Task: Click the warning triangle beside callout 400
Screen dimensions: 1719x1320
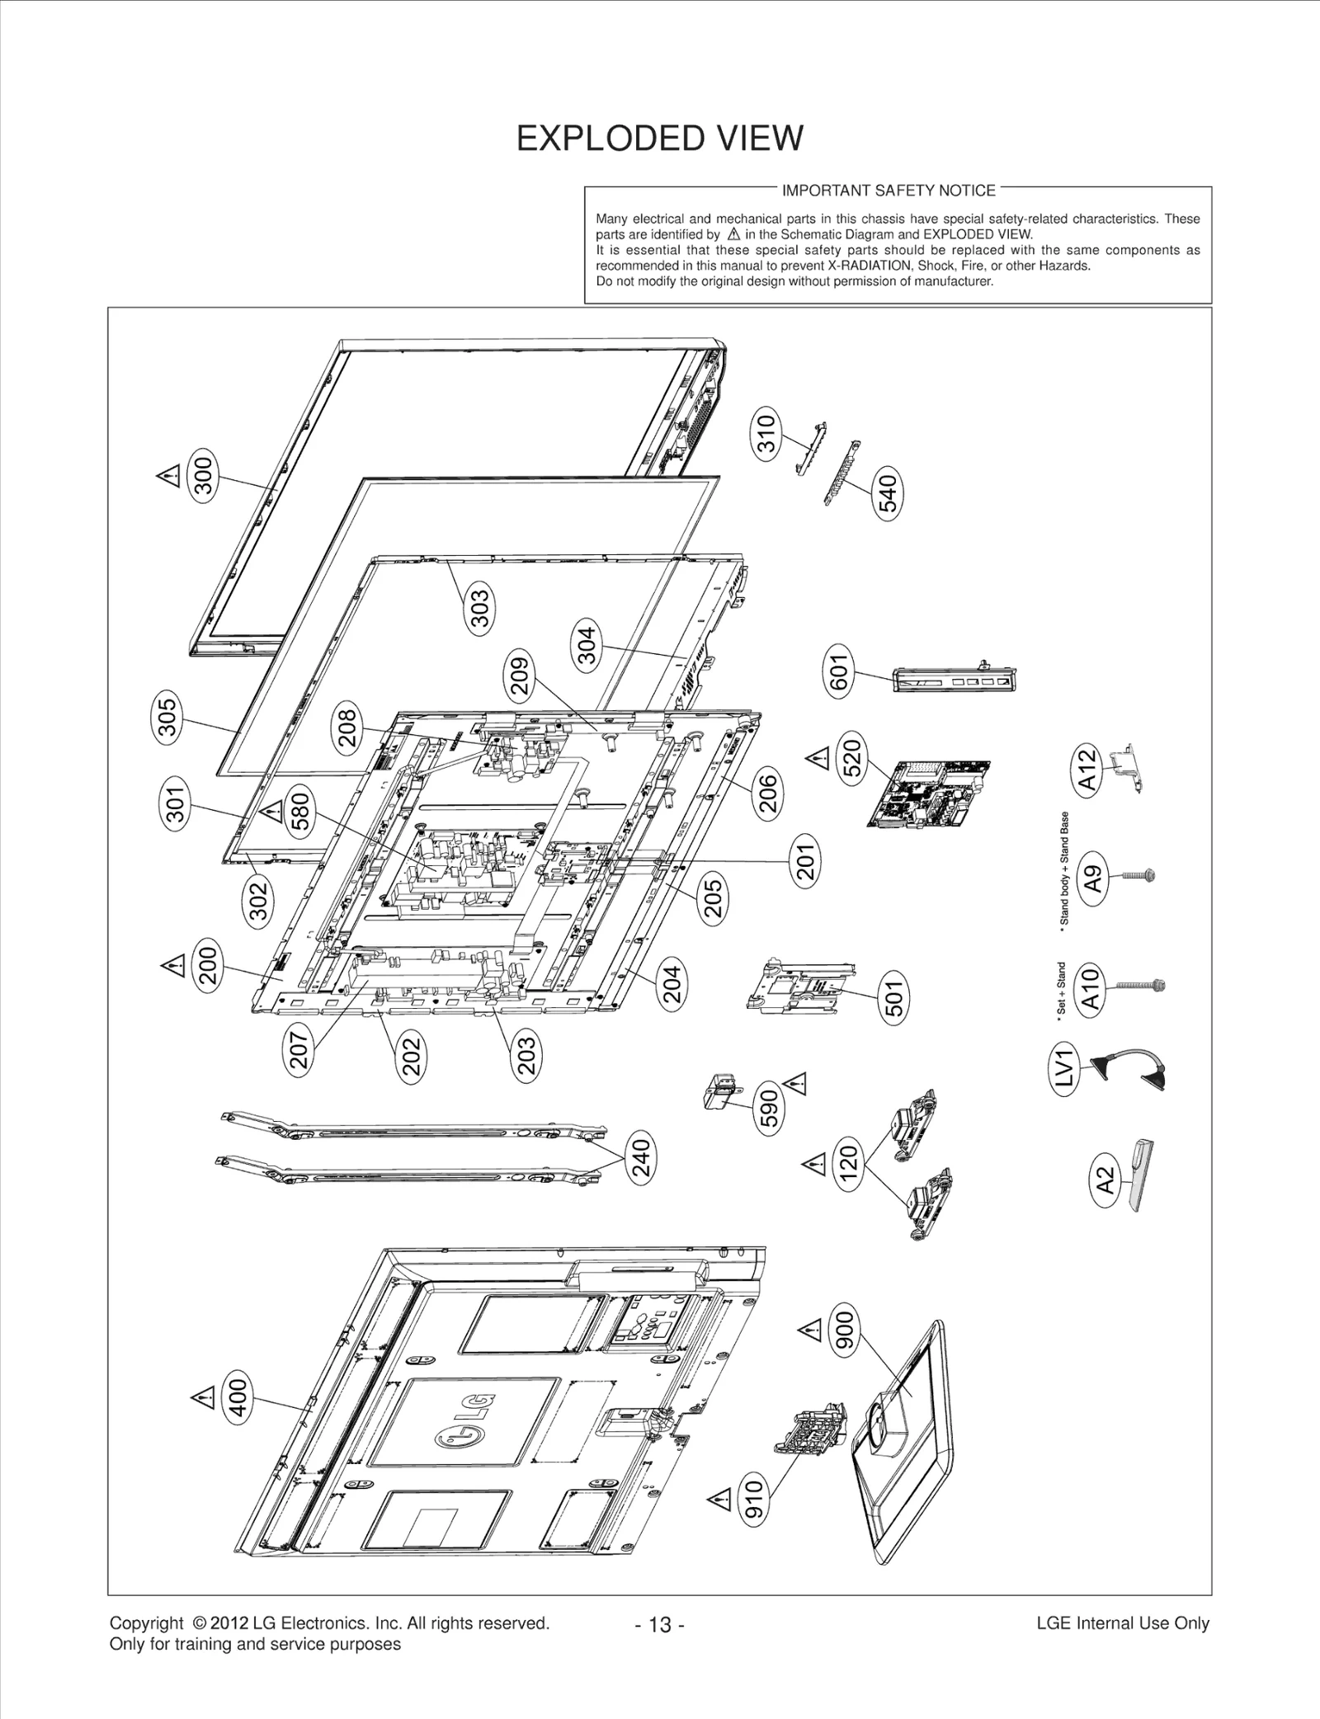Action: (201, 1396)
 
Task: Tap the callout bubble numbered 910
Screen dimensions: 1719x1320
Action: (755, 1498)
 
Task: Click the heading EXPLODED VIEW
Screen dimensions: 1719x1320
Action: (659, 139)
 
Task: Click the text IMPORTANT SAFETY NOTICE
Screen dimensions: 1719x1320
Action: (888, 191)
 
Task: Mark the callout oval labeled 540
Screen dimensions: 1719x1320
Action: (888, 492)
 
